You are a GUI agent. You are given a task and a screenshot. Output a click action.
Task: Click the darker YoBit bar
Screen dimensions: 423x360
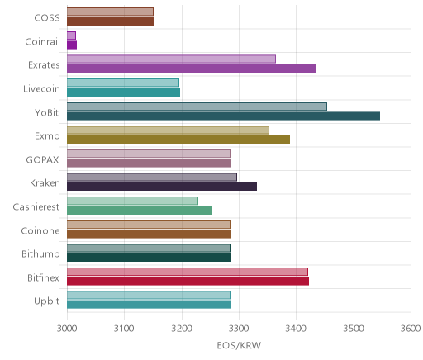click(x=223, y=116)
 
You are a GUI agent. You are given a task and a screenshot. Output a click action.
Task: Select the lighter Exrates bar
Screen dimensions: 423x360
click(x=171, y=59)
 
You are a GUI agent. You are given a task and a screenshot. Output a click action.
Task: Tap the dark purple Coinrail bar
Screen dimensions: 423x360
click(x=72, y=45)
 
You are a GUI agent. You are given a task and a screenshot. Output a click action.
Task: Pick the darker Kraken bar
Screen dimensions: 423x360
click(x=162, y=187)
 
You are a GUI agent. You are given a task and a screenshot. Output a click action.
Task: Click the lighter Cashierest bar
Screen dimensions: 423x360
click(x=132, y=201)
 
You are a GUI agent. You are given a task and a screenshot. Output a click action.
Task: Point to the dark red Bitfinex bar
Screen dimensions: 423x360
click(x=188, y=282)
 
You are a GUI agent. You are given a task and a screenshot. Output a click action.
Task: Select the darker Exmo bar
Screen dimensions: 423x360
click(x=178, y=140)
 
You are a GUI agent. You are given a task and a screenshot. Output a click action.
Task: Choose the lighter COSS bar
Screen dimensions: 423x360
click(x=110, y=12)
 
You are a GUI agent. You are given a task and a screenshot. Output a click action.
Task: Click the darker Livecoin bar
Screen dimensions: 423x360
click(x=123, y=92)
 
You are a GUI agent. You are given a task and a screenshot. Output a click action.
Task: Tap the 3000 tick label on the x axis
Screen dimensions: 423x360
click(x=67, y=329)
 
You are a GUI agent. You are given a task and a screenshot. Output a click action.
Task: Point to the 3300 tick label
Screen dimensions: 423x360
click(x=239, y=329)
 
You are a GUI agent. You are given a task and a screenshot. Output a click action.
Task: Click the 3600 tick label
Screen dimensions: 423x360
click(x=411, y=329)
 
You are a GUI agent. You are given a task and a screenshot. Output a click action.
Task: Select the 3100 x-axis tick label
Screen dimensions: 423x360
click(x=124, y=329)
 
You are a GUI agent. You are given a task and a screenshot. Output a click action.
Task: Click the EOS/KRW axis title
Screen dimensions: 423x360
click(x=239, y=345)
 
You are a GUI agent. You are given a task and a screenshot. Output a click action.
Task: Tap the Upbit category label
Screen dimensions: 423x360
click(x=46, y=301)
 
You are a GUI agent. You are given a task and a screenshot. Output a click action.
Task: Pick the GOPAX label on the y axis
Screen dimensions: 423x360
click(x=42, y=160)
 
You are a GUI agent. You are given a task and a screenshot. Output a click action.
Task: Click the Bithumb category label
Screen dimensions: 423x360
click(x=40, y=253)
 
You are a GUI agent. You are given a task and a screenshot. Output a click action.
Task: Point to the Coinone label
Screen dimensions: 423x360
click(x=40, y=230)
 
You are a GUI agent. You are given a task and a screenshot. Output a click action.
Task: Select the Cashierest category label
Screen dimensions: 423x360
click(x=36, y=206)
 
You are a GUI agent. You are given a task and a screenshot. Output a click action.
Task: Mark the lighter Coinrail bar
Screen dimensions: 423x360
click(x=71, y=36)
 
